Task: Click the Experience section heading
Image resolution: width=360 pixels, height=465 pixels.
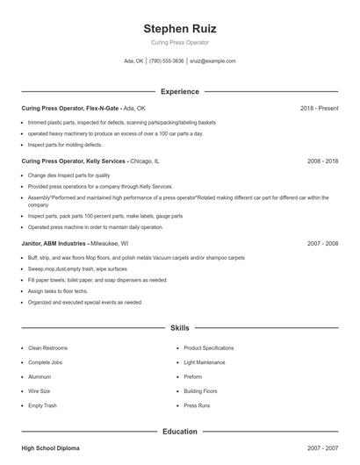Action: pos(179,91)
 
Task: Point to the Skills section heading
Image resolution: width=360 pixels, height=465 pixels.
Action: pos(179,327)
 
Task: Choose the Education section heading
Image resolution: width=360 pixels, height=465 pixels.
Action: pos(179,432)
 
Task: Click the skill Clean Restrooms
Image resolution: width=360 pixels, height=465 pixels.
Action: pos(47,348)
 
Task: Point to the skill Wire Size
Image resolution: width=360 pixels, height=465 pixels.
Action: pos(40,391)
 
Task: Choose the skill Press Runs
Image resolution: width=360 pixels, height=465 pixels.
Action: pos(197,406)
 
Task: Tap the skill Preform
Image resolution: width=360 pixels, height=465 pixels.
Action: pos(192,377)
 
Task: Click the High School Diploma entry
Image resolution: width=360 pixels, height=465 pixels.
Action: pos(50,448)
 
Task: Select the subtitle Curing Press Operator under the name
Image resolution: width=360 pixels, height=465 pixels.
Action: pos(179,43)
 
